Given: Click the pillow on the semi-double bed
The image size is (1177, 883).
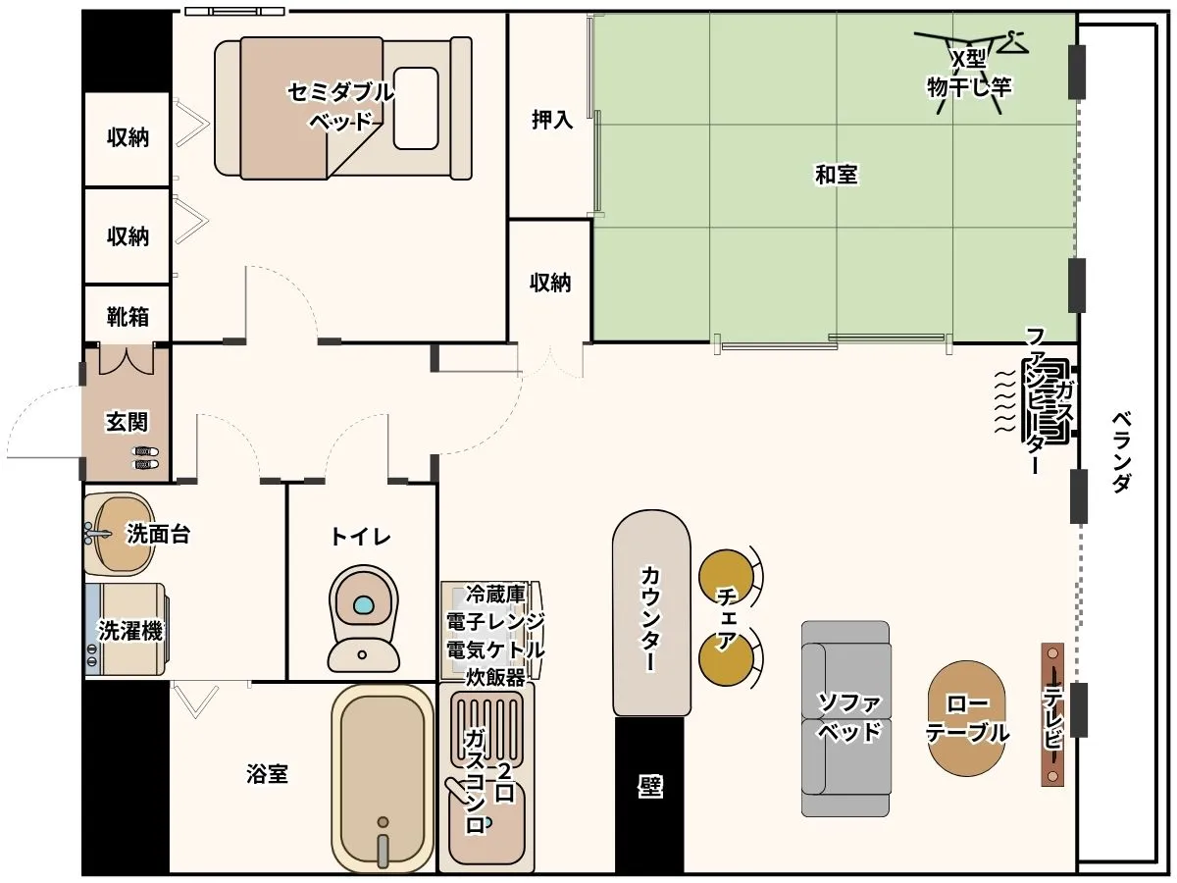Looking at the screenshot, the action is tap(416, 108).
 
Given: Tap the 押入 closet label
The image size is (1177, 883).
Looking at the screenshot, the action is tap(552, 120).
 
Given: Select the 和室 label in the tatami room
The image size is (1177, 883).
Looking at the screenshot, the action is tap(836, 175).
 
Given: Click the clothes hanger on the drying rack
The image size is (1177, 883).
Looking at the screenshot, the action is tap(1012, 42).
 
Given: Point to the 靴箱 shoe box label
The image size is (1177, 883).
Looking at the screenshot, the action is tap(128, 317).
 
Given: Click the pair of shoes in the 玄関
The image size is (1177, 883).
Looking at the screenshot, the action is tap(146, 458).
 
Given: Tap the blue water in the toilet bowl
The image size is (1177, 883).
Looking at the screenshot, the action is tap(363, 605).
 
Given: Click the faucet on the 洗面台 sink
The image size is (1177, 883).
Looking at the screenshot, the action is tap(97, 533).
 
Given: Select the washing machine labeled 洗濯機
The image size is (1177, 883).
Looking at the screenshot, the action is tap(127, 630).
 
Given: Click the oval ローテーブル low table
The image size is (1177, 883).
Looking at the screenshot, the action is tap(966, 718).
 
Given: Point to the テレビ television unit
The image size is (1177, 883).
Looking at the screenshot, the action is tap(1052, 714).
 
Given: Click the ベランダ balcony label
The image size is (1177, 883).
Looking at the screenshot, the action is tap(1121, 451).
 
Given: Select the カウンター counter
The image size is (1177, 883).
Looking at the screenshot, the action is tap(651, 612).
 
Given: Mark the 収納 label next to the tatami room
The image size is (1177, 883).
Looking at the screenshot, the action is tap(550, 283).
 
